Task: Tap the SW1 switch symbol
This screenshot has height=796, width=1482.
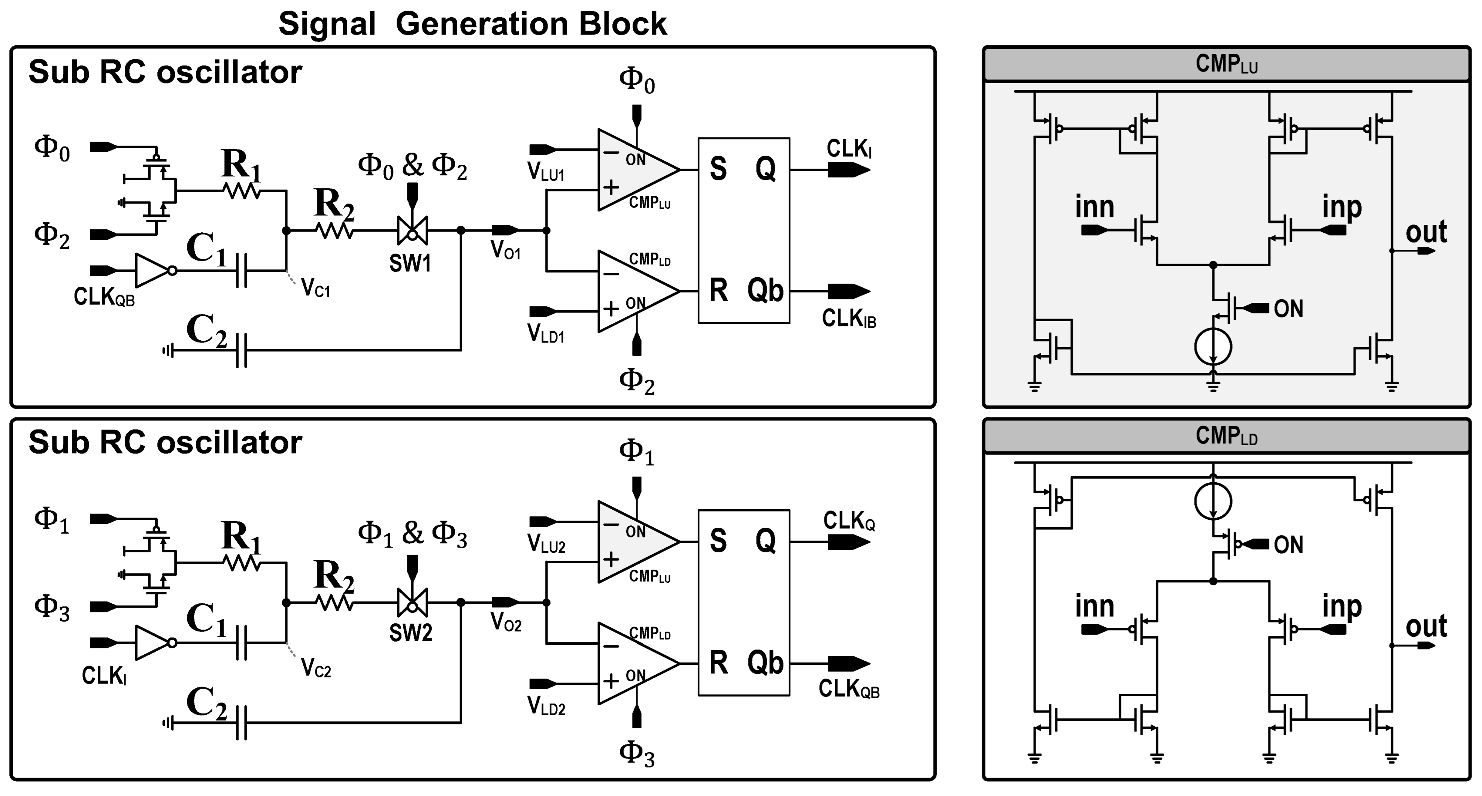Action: (412, 230)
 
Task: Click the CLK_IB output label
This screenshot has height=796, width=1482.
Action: (849, 318)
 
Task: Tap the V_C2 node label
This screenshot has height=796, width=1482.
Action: (316, 669)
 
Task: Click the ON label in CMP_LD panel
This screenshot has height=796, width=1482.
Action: (1288, 545)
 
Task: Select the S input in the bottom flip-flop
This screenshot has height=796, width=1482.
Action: (718, 541)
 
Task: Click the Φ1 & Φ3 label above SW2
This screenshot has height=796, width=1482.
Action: (412, 534)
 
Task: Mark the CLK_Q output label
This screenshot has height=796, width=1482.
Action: (849, 521)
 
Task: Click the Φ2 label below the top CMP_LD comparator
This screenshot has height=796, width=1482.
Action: (636, 382)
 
